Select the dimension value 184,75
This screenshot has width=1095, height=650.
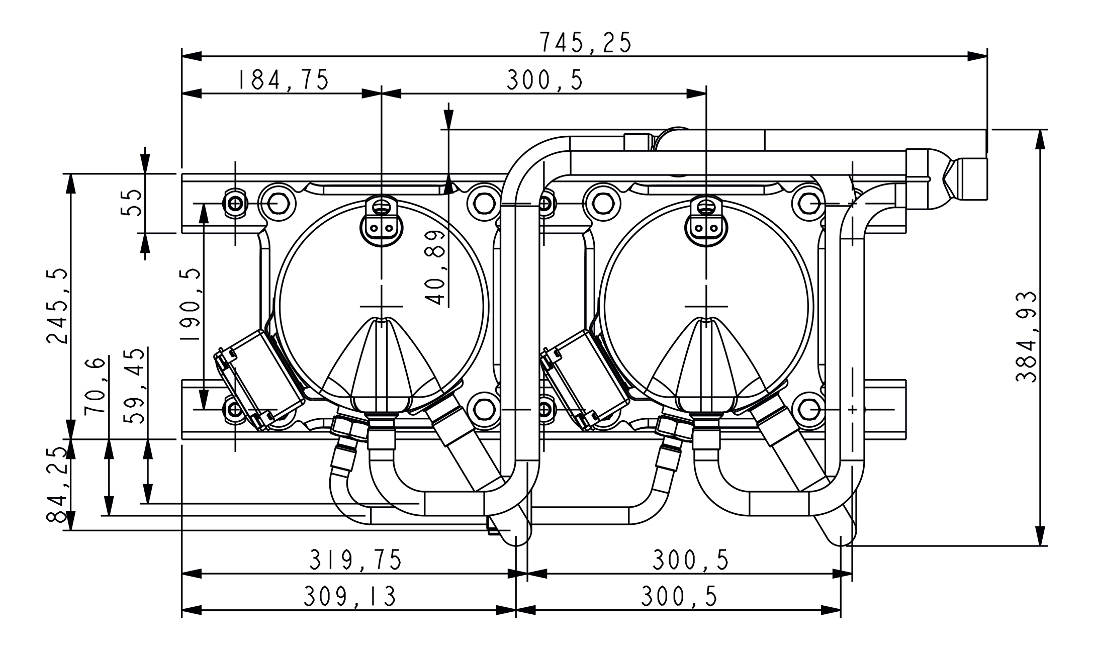click(283, 80)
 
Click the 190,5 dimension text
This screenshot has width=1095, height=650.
click(191, 306)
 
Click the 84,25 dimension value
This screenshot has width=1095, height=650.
click(57, 485)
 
